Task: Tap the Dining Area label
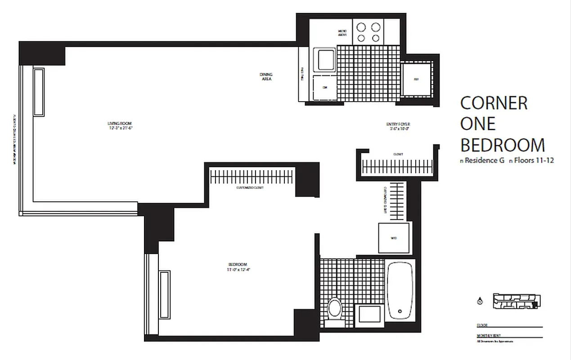(x=266, y=76)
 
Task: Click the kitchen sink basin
(x=326, y=60)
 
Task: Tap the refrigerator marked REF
(x=416, y=80)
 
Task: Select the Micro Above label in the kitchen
(x=342, y=33)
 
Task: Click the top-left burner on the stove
(x=361, y=27)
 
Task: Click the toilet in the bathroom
(x=334, y=309)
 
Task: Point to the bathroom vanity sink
(x=369, y=313)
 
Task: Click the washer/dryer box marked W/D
(x=394, y=238)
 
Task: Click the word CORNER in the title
(x=494, y=103)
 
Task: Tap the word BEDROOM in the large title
(x=502, y=145)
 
